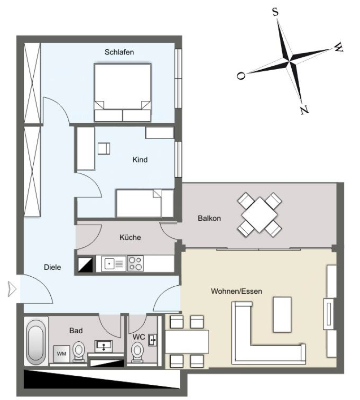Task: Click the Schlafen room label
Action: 119,52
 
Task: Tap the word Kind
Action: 140,160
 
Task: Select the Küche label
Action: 130,237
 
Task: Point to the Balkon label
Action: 209,218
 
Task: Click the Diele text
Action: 52,267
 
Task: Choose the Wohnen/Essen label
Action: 236,291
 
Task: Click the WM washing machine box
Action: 62,354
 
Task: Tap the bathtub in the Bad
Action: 36,342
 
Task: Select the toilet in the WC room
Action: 138,352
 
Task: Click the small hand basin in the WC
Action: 153,340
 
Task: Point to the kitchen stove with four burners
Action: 135,264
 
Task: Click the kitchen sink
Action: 114,264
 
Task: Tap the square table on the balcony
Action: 260,215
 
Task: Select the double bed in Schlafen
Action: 122,92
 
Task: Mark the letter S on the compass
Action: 275,11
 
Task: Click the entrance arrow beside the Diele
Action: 12,289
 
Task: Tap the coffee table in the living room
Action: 282,314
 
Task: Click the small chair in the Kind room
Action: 104,148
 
